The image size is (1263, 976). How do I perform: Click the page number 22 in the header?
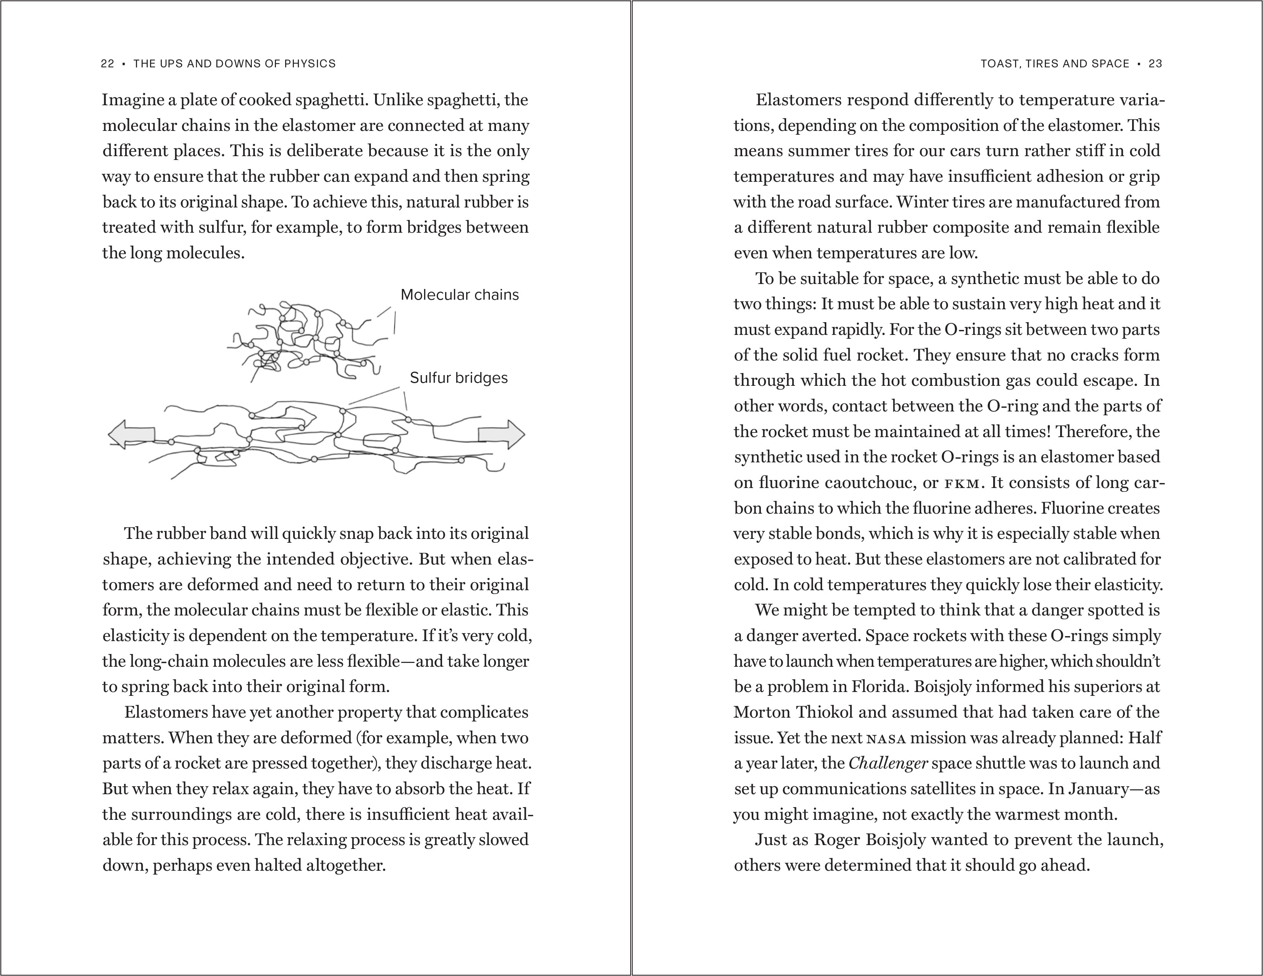tap(108, 64)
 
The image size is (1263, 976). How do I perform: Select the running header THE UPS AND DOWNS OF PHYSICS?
tap(234, 64)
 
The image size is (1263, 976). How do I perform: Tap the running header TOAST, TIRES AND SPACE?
tap(1055, 64)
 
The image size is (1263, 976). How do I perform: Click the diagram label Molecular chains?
tap(460, 295)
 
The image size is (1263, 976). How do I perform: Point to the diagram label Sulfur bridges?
tap(459, 378)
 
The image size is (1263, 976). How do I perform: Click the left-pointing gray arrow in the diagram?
tap(132, 434)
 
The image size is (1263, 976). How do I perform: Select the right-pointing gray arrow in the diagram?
tap(501, 434)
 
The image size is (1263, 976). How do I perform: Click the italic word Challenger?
tap(888, 763)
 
